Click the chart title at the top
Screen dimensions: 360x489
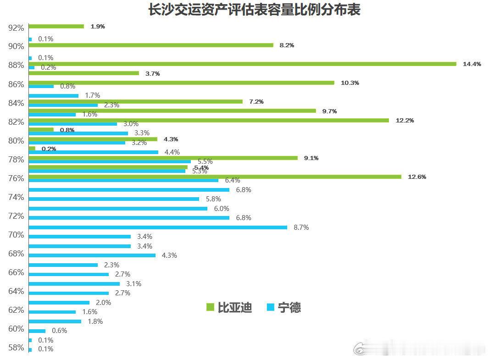(254, 10)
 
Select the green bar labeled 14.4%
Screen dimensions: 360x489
(242, 64)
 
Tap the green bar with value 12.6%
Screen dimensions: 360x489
(215, 177)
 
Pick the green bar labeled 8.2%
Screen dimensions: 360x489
(151, 45)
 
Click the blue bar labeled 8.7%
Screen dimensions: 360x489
(158, 227)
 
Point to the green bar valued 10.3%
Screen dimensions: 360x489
(181, 83)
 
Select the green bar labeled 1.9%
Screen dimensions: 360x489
(56, 26)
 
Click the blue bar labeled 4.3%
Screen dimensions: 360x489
(92, 255)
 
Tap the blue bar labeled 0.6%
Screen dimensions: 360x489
(37, 331)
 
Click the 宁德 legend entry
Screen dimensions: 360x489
(283, 307)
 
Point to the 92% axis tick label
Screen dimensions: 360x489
(16, 28)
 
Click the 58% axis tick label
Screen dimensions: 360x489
(16, 348)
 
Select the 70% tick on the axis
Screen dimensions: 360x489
(16, 235)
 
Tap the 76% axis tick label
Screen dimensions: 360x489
(16, 178)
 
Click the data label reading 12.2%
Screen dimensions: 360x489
(405, 121)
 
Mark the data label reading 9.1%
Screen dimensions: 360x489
(311, 158)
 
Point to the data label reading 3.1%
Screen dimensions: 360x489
(133, 284)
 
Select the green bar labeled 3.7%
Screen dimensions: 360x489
(83, 73)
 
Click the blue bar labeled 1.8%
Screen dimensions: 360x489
(55, 321)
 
